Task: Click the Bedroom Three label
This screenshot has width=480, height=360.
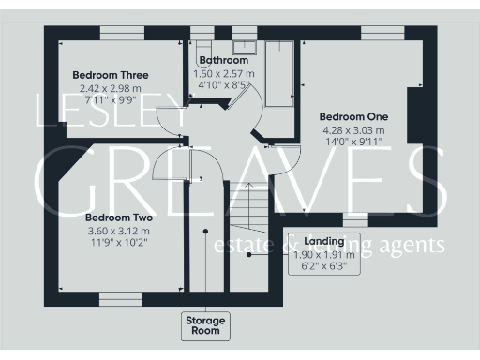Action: [111, 75]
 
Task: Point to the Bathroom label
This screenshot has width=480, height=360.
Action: [222, 61]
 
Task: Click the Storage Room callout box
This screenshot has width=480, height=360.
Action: [204, 325]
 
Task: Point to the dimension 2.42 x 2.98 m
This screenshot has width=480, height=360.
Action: [111, 87]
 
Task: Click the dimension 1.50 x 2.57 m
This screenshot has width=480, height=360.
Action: [222, 73]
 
